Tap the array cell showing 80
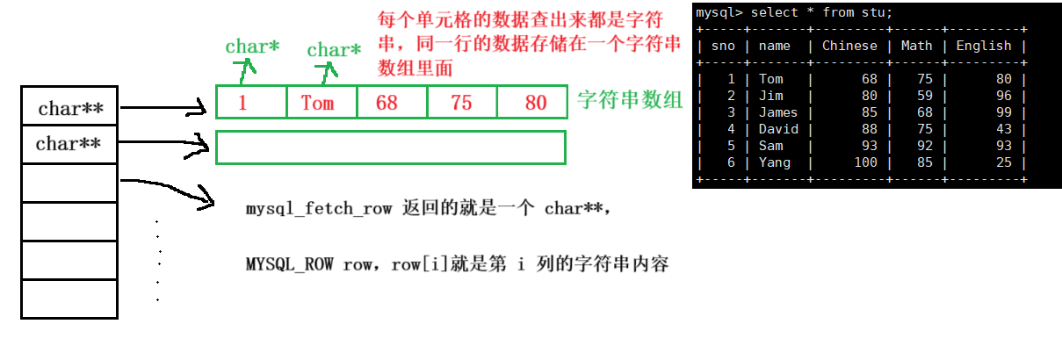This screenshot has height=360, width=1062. click(532, 102)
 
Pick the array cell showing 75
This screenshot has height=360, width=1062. click(462, 102)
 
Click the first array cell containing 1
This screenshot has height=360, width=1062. click(251, 102)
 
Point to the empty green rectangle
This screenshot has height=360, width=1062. click(391, 147)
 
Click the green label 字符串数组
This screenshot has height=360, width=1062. click(630, 100)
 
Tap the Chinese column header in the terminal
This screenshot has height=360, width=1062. click(849, 46)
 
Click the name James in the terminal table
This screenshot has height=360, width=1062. click(778, 112)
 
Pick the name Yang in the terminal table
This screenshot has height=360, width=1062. click(774, 162)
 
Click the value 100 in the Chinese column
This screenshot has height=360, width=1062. click(865, 162)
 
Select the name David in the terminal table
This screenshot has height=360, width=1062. click(778, 129)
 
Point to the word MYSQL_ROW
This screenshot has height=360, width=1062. click(289, 264)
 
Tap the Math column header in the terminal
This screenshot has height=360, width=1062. click(916, 46)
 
